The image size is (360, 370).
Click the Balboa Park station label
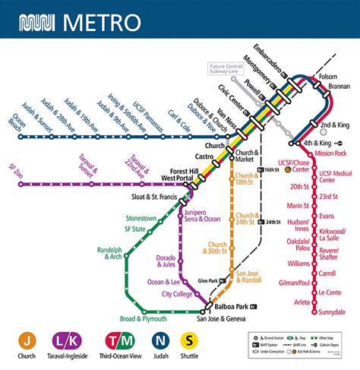(232, 307)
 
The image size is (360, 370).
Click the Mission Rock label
(330, 153)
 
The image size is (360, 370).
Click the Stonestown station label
(141, 219)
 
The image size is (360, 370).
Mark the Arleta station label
(302, 302)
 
